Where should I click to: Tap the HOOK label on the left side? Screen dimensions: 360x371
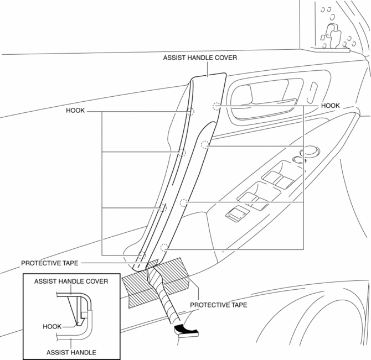coord(75,110)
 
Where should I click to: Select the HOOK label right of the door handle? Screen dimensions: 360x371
coord(330,105)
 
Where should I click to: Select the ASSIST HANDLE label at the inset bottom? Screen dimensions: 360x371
coord(72,352)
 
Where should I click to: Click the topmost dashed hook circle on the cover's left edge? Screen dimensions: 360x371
coord(190,112)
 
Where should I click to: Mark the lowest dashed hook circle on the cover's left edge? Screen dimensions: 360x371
coord(141,255)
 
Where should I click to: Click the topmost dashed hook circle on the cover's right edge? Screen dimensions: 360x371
coord(216,106)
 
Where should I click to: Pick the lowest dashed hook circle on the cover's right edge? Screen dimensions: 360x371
coord(163,247)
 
